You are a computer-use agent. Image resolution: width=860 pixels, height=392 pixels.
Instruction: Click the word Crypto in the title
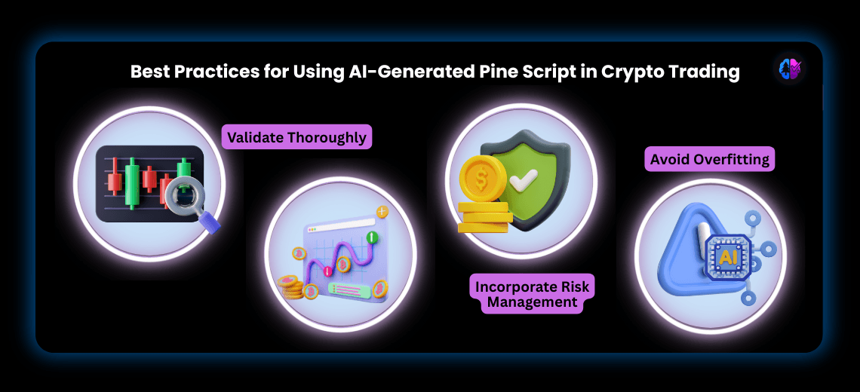(x=634, y=72)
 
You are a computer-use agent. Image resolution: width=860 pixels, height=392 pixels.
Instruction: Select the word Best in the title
(x=149, y=72)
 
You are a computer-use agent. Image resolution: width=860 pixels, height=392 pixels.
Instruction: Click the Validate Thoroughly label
(x=296, y=137)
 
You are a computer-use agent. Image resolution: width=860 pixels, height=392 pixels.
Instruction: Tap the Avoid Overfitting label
(x=710, y=159)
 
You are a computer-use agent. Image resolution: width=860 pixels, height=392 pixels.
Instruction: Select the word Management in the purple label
(x=533, y=302)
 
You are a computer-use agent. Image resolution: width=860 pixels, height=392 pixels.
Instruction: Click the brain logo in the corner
(x=790, y=69)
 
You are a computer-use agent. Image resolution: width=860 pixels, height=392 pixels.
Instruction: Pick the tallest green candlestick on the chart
(x=132, y=183)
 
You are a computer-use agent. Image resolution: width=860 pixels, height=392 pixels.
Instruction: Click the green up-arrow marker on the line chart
(x=371, y=237)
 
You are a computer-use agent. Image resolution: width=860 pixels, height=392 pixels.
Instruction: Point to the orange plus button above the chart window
(x=382, y=212)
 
